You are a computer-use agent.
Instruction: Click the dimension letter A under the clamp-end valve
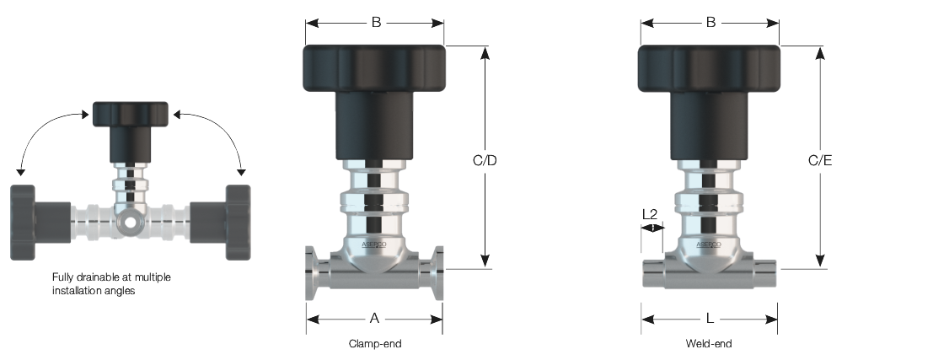tap(374, 318)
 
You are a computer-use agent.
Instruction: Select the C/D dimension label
tap(484, 160)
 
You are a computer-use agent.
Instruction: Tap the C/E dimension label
tap(820, 160)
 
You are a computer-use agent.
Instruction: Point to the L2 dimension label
tap(650, 214)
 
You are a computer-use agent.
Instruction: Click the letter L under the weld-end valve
tap(710, 318)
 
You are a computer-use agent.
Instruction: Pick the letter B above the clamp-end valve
tap(376, 23)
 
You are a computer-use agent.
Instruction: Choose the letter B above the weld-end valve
tap(711, 23)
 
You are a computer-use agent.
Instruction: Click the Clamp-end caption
tap(375, 344)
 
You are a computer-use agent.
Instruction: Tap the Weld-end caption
tap(709, 344)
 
